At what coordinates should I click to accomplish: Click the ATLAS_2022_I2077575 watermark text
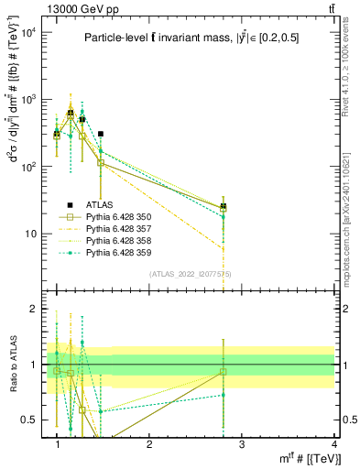190,272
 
